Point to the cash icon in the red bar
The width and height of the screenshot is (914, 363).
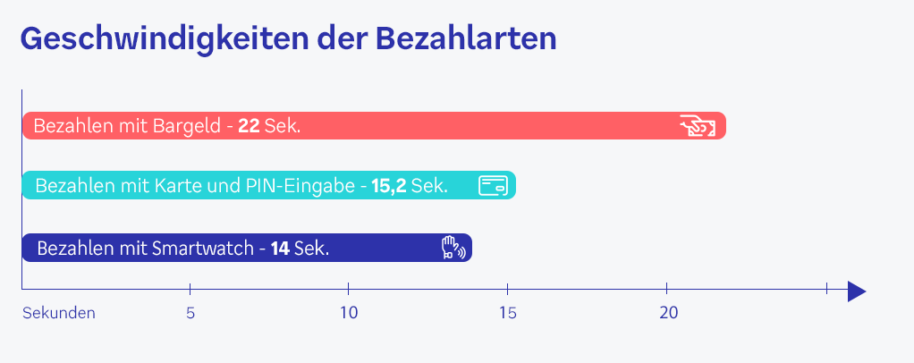698,126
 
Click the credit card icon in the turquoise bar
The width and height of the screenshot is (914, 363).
493,185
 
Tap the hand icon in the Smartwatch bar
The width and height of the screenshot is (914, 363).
453,248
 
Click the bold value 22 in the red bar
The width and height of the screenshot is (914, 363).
249,126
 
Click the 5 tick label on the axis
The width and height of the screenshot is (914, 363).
190,313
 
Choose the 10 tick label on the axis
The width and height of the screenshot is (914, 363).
349,313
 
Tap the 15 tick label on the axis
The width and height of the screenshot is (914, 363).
508,313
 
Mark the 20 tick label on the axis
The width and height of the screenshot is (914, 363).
668,313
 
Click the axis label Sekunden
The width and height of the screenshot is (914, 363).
59,313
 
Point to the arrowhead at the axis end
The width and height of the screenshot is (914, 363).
856,291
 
